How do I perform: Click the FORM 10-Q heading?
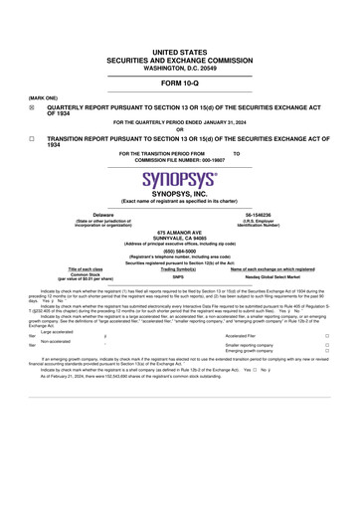click(x=179, y=85)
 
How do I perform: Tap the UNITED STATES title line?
click(x=179, y=50)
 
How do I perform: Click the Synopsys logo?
click(x=179, y=181)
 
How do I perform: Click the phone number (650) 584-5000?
click(x=179, y=251)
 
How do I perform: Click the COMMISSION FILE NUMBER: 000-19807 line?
click(x=179, y=159)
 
